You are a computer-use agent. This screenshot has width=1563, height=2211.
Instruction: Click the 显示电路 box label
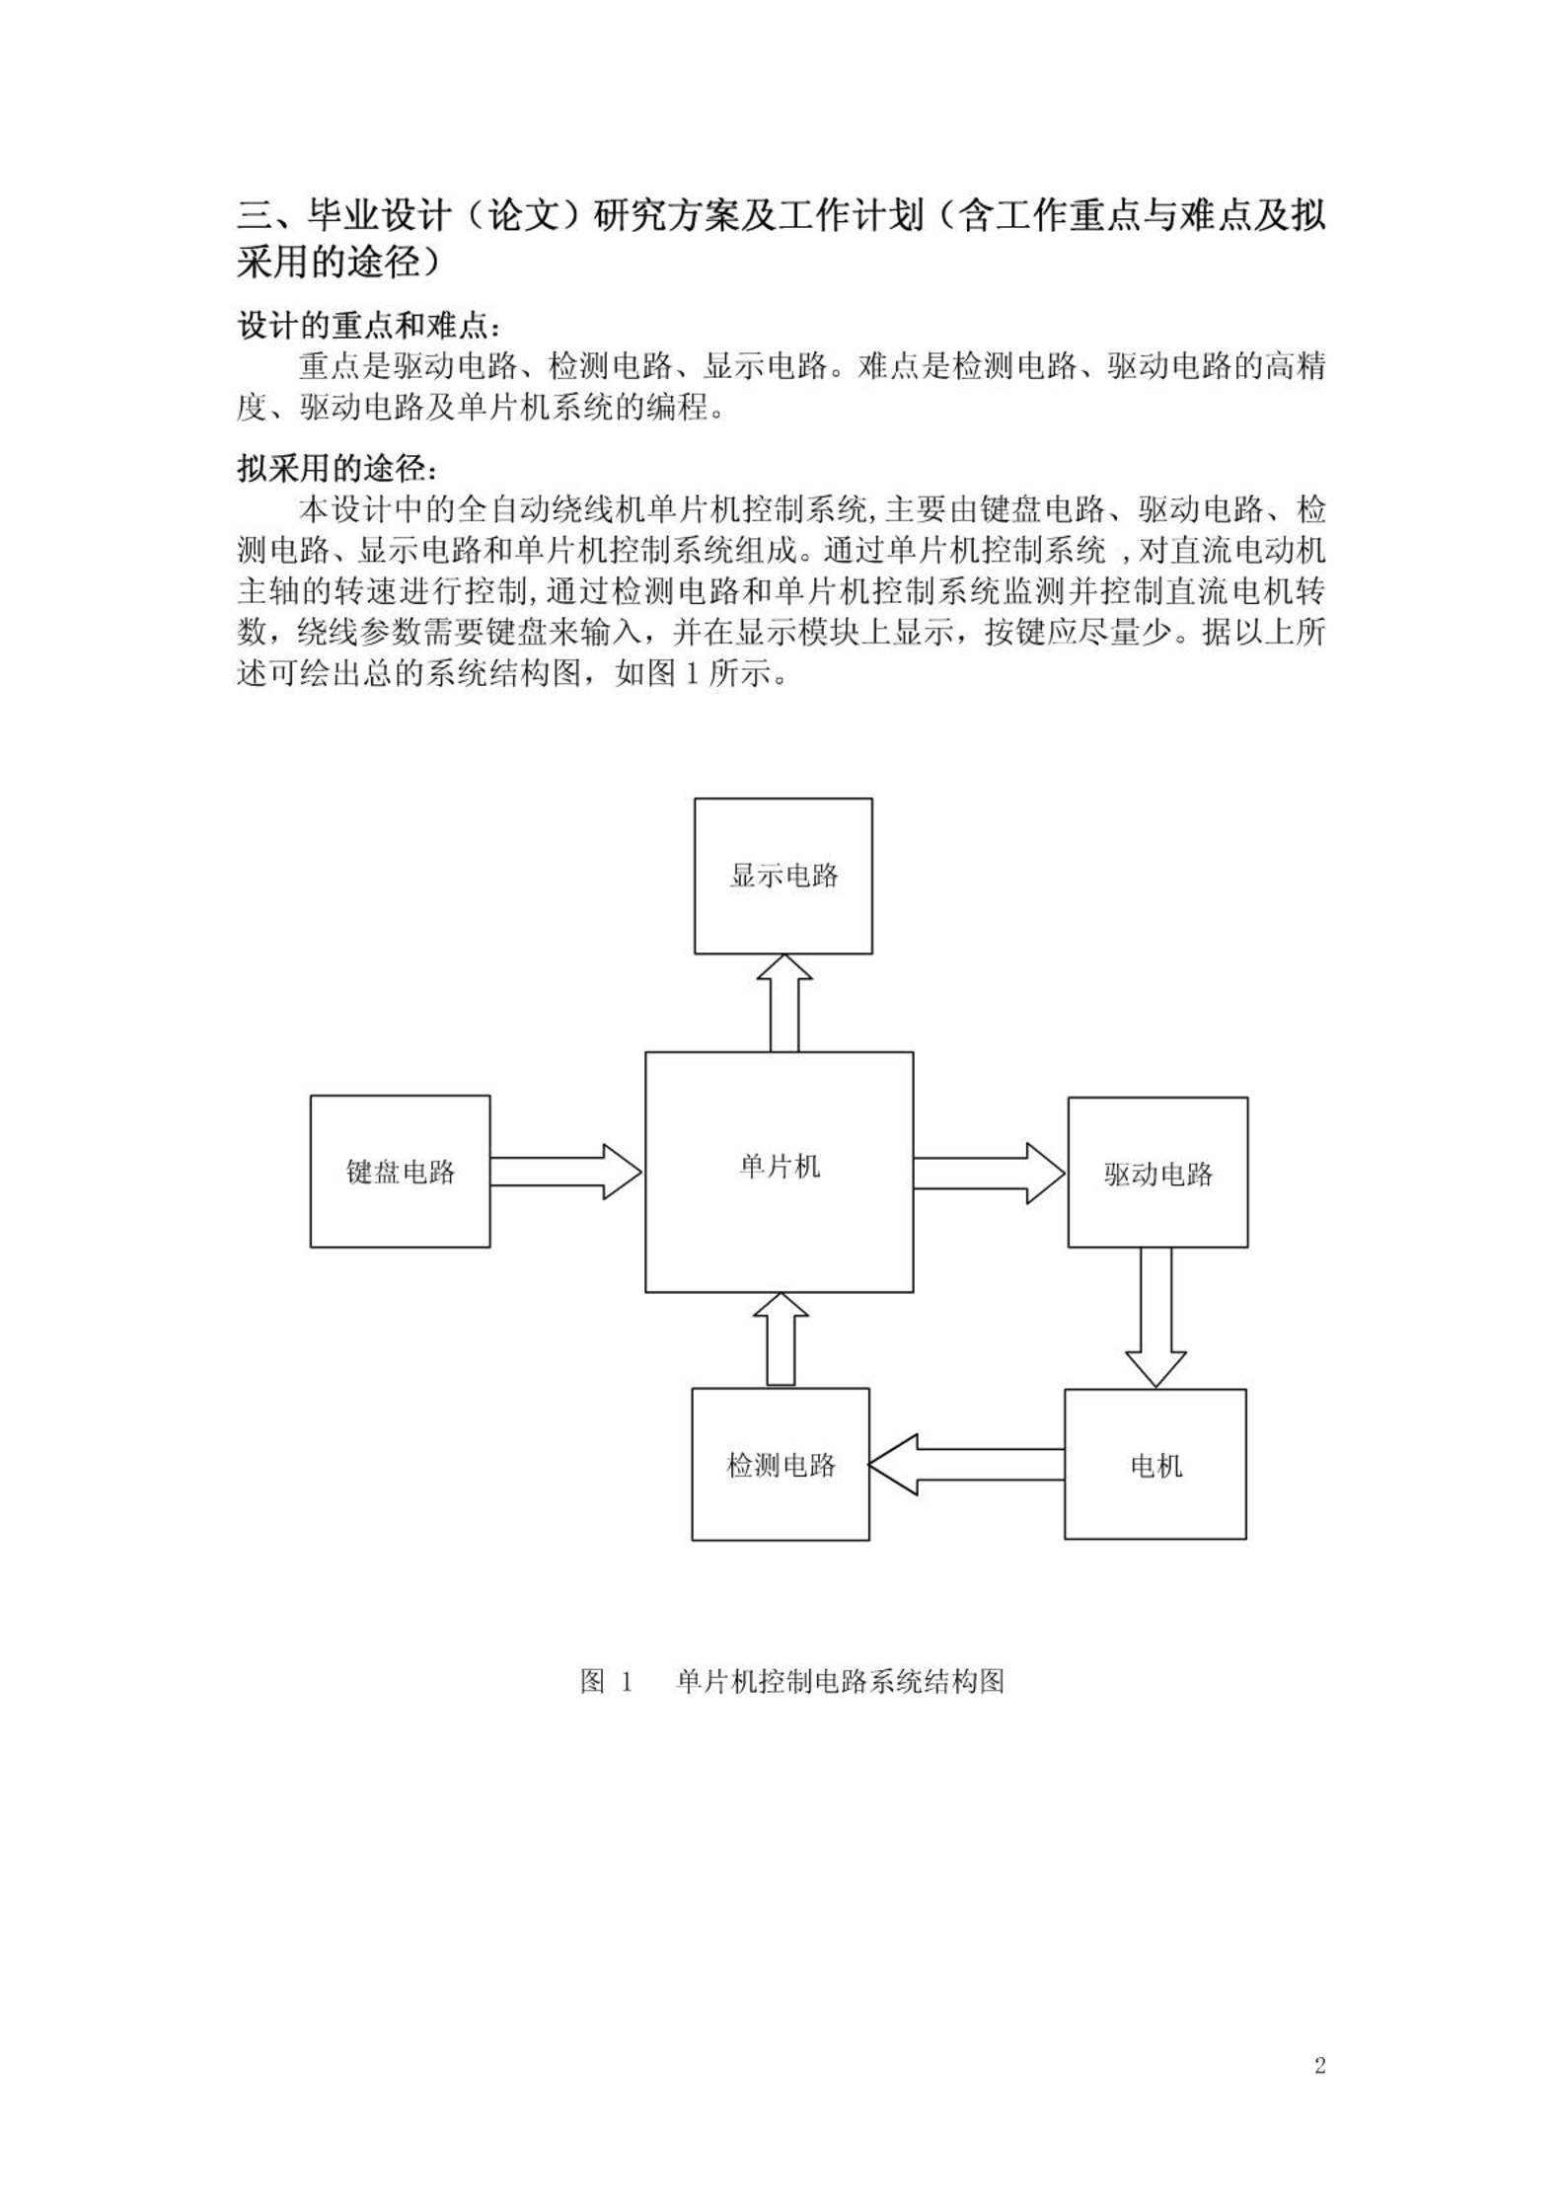click(x=783, y=876)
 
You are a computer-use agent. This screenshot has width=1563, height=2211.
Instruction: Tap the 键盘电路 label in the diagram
click(x=401, y=1172)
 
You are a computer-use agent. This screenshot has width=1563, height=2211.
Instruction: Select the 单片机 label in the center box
click(x=780, y=1167)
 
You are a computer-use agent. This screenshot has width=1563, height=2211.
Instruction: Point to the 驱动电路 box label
click(x=1158, y=1174)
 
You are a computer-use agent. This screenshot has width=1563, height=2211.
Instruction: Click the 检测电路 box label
click(x=781, y=1465)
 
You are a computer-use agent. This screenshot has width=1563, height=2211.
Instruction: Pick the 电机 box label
click(x=1155, y=1466)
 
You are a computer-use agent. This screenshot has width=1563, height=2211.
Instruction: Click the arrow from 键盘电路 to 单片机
click(x=566, y=1172)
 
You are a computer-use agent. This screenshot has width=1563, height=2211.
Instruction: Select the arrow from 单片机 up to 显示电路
click(x=784, y=1003)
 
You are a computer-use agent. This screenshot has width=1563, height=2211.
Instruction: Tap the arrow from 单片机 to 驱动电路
click(x=990, y=1173)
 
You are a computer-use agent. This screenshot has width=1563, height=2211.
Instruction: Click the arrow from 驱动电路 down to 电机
click(x=1155, y=1318)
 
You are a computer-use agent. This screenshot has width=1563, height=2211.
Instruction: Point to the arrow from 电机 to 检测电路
click(x=967, y=1465)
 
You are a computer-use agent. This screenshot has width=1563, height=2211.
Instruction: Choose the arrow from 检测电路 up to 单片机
click(x=781, y=1339)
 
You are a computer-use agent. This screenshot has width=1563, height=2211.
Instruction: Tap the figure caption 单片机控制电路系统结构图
click(x=840, y=1681)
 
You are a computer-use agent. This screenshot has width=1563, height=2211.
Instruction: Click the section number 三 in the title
click(x=255, y=215)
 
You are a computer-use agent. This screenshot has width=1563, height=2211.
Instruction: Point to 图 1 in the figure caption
click(x=606, y=1681)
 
